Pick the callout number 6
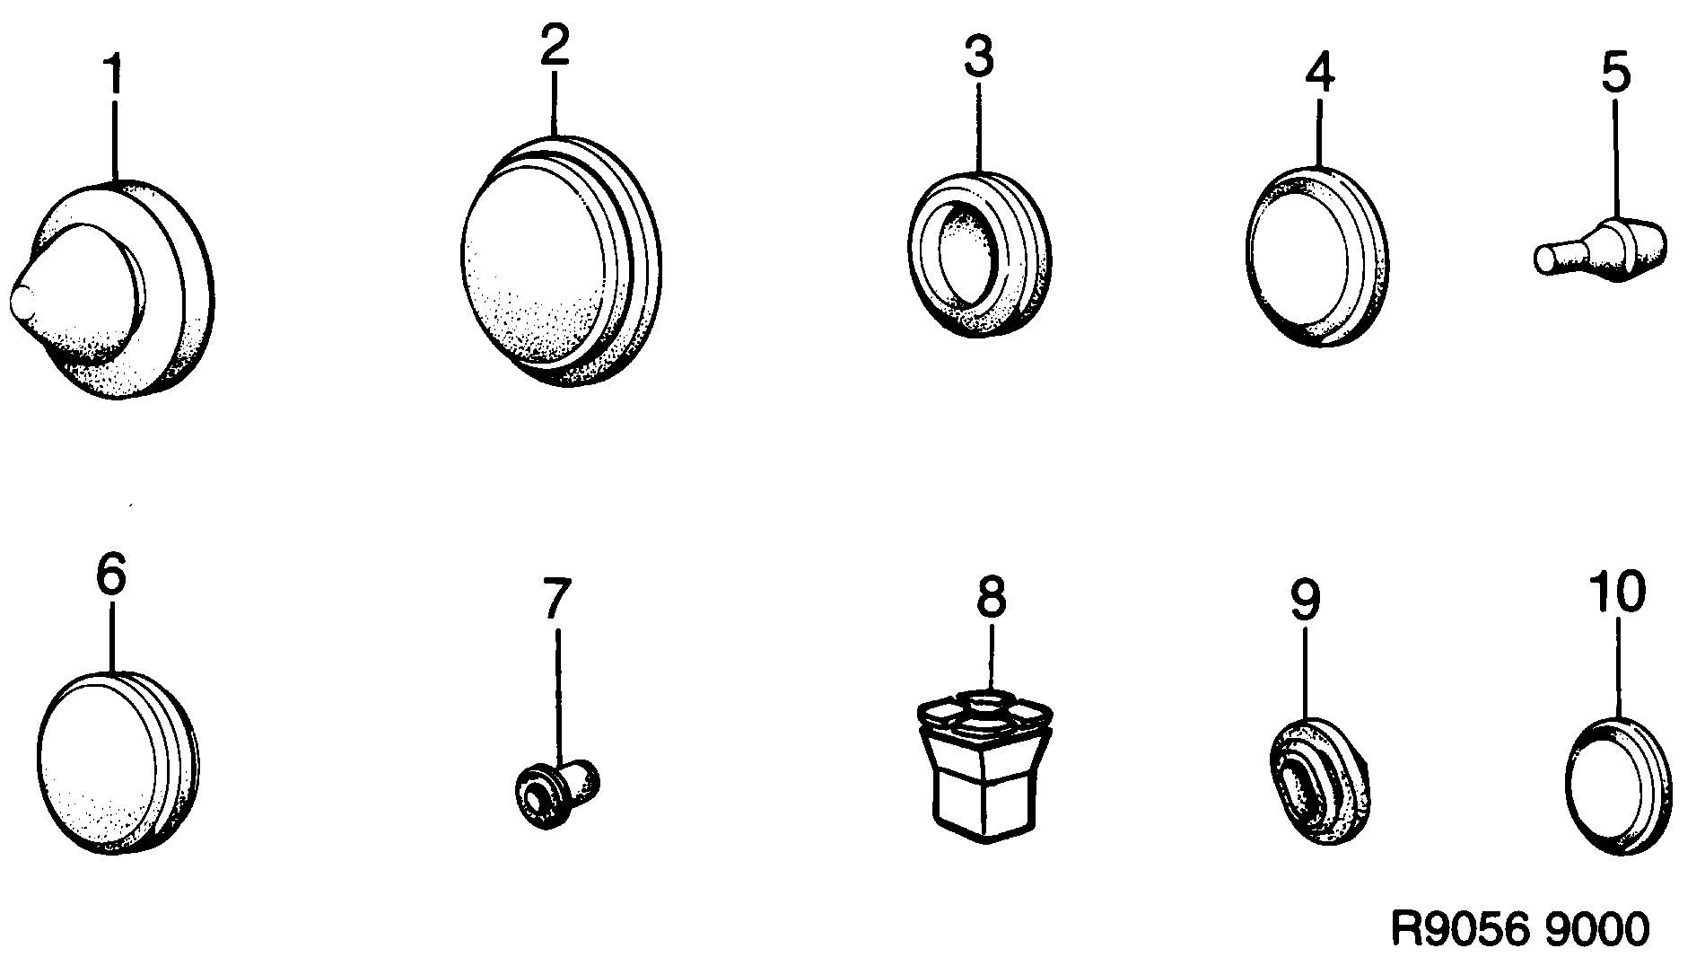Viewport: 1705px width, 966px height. (x=110, y=575)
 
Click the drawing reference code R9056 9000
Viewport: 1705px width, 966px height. (x=1518, y=929)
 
